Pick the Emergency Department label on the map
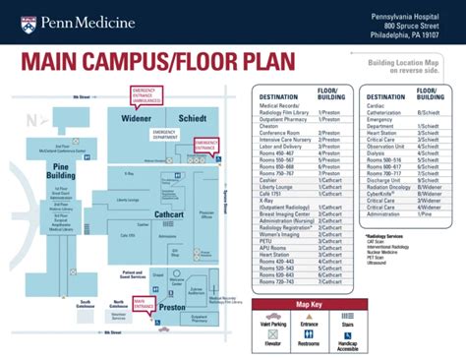[164, 136]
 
